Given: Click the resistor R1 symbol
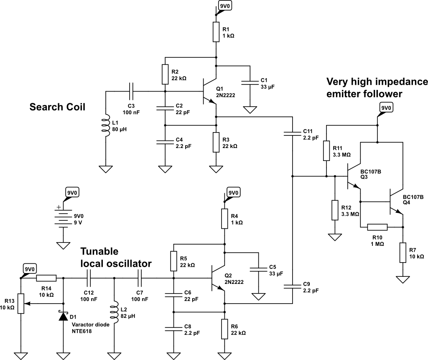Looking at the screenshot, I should [216, 32].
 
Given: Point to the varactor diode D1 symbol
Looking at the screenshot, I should [63, 317].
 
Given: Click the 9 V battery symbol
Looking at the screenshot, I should [63, 219].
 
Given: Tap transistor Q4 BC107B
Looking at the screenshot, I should [395, 202].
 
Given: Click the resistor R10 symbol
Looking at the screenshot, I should [377, 227].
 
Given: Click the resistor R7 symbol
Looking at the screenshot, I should [403, 253].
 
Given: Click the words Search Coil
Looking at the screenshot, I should [57, 107].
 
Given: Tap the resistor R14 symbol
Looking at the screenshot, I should [46, 278].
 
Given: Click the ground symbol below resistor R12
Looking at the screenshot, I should [334, 237].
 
